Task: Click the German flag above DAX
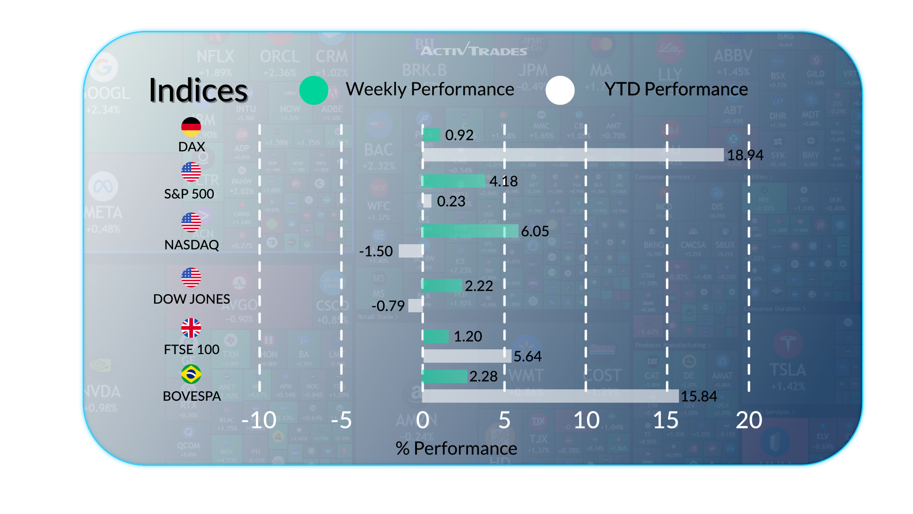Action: [x=191, y=127]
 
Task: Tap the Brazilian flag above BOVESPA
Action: [x=191, y=374]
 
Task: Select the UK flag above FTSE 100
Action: [x=191, y=327]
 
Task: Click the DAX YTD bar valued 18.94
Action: [x=573, y=155]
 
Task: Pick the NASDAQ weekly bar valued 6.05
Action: [x=470, y=231]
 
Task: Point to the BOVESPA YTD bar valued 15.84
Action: [x=550, y=396]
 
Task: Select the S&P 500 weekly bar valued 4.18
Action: [x=454, y=181]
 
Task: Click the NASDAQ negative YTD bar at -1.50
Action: [x=410, y=251]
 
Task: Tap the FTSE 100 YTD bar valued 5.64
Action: [x=466, y=356]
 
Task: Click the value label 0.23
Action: [x=451, y=201]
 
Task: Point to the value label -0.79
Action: [x=388, y=306]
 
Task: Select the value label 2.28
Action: [x=483, y=376]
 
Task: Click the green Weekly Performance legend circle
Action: [x=314, y=90]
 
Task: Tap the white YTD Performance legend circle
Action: [x=560, y=90]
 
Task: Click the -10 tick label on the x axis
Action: [x=259, y=420]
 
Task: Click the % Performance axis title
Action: [x=456, y=448]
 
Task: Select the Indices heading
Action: [x=198, y=90]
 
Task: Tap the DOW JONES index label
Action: [x=192, y=299]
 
